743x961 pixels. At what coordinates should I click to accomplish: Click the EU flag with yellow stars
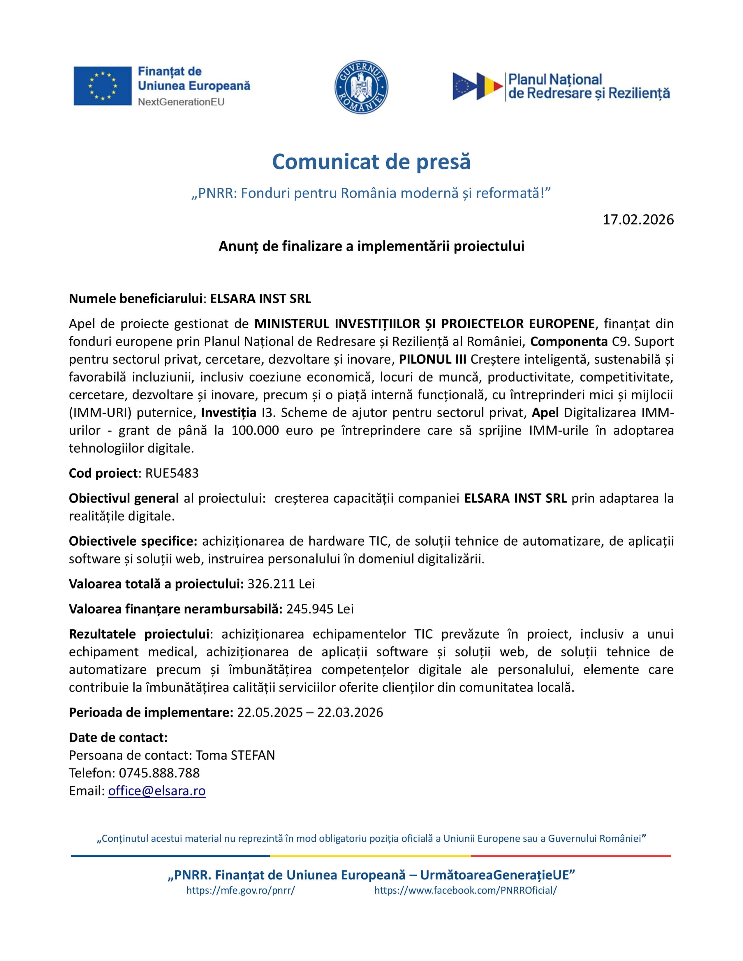[103, 86]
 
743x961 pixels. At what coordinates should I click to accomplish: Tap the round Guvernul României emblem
[361, 87]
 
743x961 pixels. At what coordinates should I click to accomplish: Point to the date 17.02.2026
[638, 220]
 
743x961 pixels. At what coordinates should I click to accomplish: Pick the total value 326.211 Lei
[281, 584]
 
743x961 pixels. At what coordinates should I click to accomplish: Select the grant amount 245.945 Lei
[320, 609]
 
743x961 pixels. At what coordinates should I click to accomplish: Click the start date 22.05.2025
[270, 713]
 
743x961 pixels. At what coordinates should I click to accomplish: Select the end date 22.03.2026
[350, 713]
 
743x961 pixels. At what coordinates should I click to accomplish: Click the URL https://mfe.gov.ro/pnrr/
[240, 891]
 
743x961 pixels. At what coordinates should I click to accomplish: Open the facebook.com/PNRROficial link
[465, 891]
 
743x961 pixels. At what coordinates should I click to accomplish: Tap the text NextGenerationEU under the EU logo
[181, 102]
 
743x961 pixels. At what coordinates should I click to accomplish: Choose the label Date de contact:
[118, 738]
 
